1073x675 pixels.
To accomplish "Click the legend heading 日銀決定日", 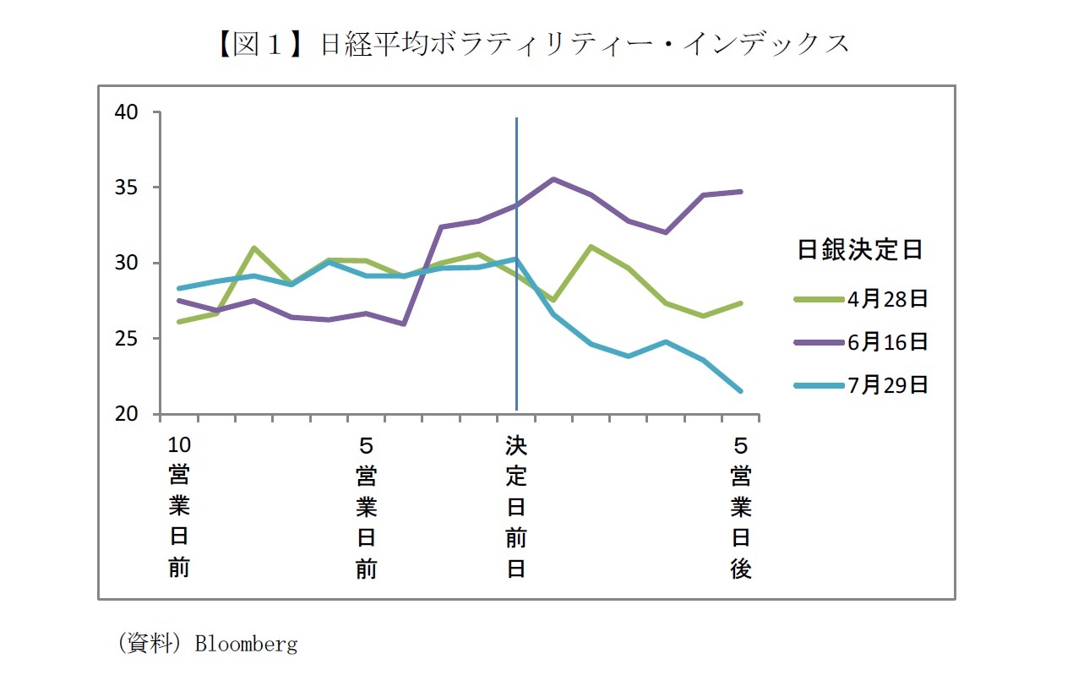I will pyautogui.click(x=859, y=250).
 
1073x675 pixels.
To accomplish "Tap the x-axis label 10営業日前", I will pyautogui.click(x=179, y=506).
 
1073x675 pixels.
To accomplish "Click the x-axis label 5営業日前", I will pyautogui.click(x=366, y=506).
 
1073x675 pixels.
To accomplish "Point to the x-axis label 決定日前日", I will pyautogui.click(x=516, y=506).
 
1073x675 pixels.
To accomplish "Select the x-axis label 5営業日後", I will pyautogui.click(x=740, y=506).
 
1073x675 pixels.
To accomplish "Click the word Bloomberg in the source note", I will pyautogui.click(x=246, y=645).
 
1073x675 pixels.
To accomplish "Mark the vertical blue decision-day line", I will pyautogui.click(x=516, y=338).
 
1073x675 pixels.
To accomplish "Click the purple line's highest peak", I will pyautogui.click(x=553, y=179).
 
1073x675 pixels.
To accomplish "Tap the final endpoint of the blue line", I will pyautogui.click(x=740, y=391).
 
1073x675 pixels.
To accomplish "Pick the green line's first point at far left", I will pyautogui.click(x=179, y=322).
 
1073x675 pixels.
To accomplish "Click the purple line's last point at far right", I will pyautogui.click(x=740, y=192).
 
